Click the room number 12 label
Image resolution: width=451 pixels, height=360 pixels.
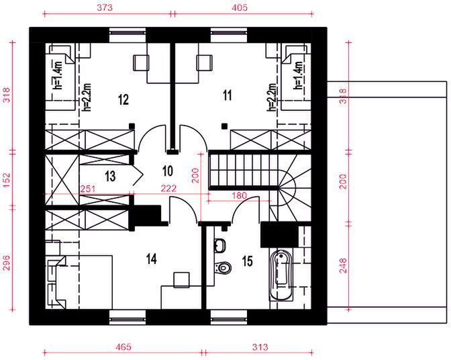coord(122,99)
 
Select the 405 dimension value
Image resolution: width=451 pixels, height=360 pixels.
coord(240,7)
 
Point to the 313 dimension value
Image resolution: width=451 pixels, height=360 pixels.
coord(260,347)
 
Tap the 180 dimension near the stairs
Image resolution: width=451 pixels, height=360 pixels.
coord(240,195)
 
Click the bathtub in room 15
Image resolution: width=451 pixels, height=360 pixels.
coord(282,277)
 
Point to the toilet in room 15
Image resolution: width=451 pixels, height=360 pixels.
coord(223,268)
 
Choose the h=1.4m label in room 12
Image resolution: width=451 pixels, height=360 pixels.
coord(58,75)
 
